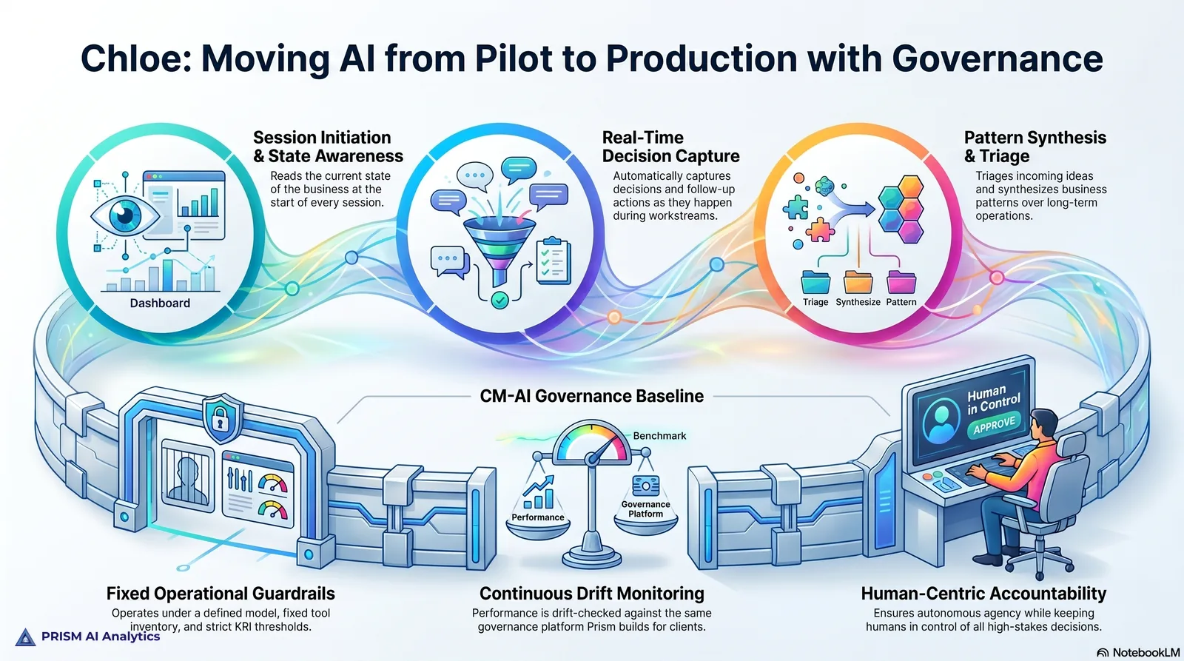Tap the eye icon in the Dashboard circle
(125, 215)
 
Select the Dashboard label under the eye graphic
(160, 303)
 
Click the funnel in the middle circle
(499, 249)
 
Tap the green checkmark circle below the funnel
(499, 301)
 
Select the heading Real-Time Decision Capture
(670, 147)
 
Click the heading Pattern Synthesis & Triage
(1035, 147)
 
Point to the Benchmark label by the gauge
(659, 436)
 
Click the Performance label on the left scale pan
(537, 517)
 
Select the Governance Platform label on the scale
(645, 509)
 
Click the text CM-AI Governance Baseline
(591, 396)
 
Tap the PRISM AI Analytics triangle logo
(25, 637)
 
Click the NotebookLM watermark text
(1146, 653)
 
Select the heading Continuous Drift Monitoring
(591, 594)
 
